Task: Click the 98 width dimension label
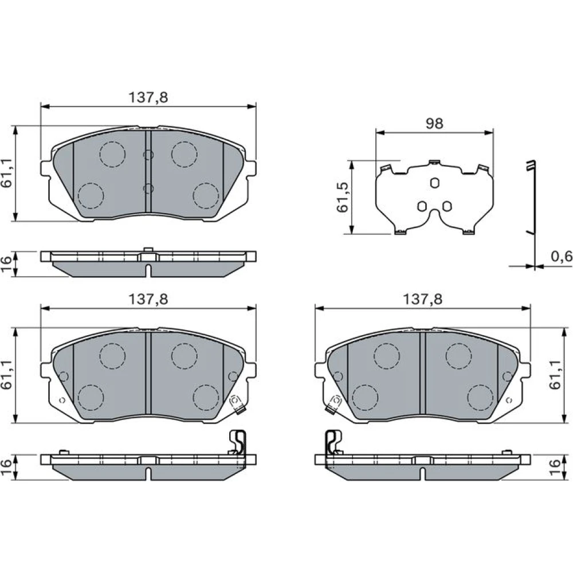(434, 124)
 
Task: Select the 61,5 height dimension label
(343, 197)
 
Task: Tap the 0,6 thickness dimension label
(562, 257)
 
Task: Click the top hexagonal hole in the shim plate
(434, 183)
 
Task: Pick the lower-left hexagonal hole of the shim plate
(422, 206)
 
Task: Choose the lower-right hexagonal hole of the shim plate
(446, 206)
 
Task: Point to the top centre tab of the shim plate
(434, 163)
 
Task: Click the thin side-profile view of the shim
(532, 214)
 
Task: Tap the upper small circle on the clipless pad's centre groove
(148, 155)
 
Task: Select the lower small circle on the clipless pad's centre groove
(148, 189)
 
